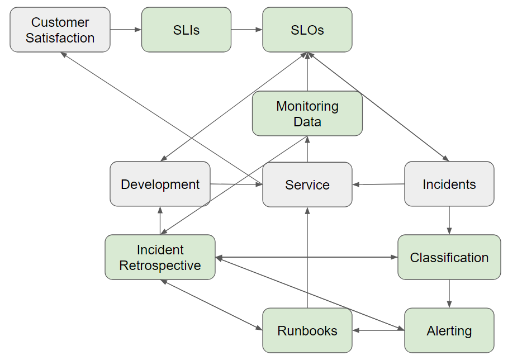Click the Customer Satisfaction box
click(60, 30)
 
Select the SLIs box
click(186, 30)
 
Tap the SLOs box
click(307, 30)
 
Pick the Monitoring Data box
click(307, 113)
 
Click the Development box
click(160, 184)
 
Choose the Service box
click(307, 184)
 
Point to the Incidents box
click(449, 184)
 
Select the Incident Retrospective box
click(160, 257)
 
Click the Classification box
click(449, 257)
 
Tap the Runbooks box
click(307, 330)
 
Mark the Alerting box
click(449, 330)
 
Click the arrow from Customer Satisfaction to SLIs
click(126, 30)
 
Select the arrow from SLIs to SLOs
click(246, 30)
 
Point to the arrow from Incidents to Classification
click(449, 220)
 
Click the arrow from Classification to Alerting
click(449, 293)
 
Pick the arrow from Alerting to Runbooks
click(378, 330)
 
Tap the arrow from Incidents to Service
click(378, 184)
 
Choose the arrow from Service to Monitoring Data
click(307, 149)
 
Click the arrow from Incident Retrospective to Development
click(160, 220)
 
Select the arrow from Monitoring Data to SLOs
click(307, 72)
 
